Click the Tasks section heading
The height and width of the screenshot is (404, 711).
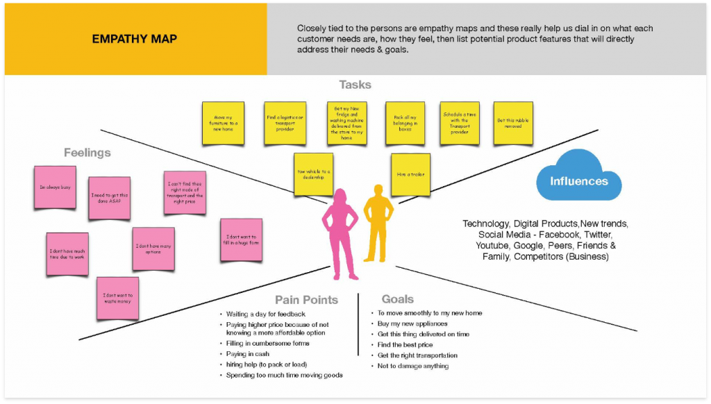pos(355,85)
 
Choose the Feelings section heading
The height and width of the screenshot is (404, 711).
pos(87,153)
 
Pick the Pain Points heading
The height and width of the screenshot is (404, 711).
pos(306,300)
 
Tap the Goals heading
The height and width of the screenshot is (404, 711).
pos(397,299)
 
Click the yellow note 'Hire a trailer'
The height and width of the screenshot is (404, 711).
pos(410,174)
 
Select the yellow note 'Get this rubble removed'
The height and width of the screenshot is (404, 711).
pos(512,123)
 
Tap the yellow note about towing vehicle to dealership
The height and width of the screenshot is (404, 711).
pos(314,174)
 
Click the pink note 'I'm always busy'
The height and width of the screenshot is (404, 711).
pos(55,187)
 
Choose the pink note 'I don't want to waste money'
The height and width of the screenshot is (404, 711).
pos(117,298)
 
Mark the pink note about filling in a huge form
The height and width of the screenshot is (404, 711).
pos(241,240)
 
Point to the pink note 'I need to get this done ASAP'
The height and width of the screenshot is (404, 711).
pos(109,199)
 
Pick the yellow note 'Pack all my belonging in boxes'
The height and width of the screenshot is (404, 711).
pos(405,123)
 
